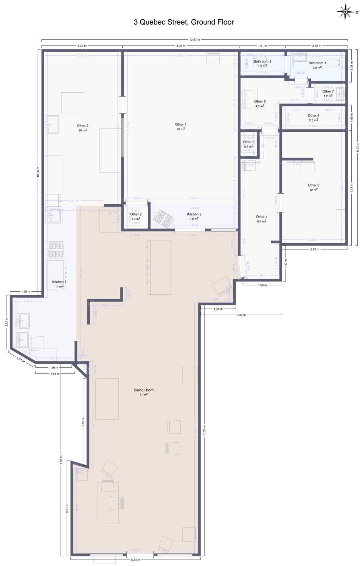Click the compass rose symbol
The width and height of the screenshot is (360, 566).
(x=346, y=11)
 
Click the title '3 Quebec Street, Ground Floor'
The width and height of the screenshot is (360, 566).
(x=183, y=22)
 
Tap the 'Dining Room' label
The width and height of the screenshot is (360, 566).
(x=144, y=390)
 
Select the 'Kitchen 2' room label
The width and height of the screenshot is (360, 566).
(x=194, y=214)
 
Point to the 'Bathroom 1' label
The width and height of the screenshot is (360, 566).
(x=317, y=63)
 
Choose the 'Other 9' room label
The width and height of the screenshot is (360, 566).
(x=248, y=142)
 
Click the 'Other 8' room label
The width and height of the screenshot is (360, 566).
(x=136, y=214)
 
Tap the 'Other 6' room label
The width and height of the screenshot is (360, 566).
(x=313, y=115)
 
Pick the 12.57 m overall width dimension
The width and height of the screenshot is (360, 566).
(x=195, y=39)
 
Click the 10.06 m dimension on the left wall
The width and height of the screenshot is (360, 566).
(x=38, y=172)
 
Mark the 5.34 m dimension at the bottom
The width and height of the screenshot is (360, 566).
(x=135, y=560)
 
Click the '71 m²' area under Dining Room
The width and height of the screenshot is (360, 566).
(x=144, y=395)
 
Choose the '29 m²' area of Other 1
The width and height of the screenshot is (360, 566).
(x=180, y=129)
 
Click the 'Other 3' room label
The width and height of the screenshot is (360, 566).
(x=313, y=185)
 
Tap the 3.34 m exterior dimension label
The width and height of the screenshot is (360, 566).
(x=241, y=315)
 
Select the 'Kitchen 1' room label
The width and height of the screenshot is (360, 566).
(x=59, y=281)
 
